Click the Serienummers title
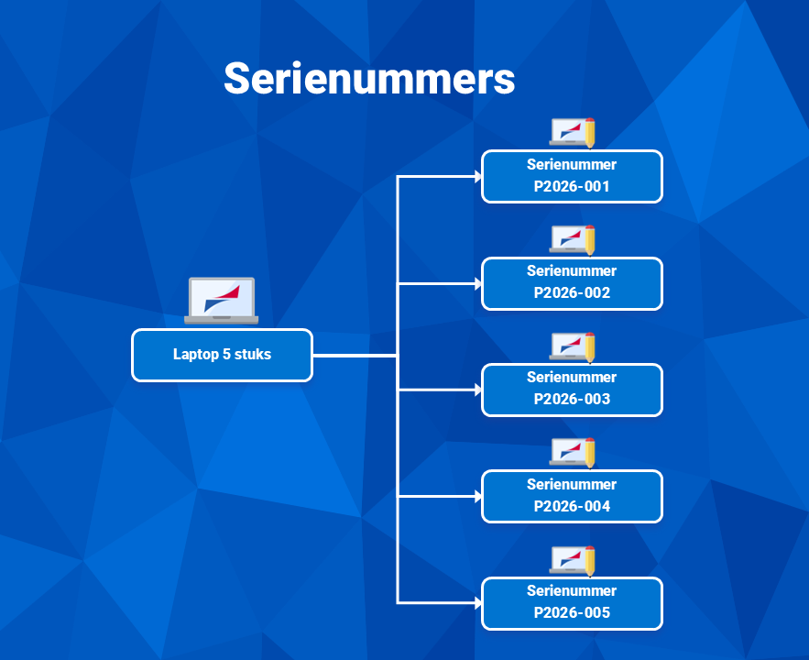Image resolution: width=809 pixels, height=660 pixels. pos(369,79)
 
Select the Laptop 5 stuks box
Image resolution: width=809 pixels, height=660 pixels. pos(223,355)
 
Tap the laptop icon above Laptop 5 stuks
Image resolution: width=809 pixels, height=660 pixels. pos(222,301)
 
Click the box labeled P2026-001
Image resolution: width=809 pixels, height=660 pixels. pos(572,177)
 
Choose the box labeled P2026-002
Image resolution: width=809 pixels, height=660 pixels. pos(572,283)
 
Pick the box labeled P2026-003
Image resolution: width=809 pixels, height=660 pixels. pos(572,390)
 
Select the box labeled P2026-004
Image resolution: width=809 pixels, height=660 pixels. pos(572,497)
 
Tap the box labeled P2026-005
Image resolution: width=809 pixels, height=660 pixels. pos(572,603)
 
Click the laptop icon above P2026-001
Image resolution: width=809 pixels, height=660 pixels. pos(572,133)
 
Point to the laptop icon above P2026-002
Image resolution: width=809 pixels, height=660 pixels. pos(572,239)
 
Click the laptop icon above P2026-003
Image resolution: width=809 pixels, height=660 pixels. pos(572,346)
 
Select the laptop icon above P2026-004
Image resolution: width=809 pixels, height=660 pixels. pos(572,453)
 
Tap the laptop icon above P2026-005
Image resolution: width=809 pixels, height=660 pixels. pos(572,560)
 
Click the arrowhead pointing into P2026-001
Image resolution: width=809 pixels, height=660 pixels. pos(477,177)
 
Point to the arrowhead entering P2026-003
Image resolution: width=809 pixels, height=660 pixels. pos(477,390)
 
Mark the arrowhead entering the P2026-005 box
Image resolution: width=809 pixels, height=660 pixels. pos(477,603)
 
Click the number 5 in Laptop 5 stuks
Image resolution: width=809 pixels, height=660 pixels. pos(226,354)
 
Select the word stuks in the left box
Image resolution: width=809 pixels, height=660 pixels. pos(253,354)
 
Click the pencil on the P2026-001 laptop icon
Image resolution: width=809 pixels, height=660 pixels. pos(590,133)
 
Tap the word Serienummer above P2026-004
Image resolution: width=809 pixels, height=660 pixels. pos(572,484)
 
